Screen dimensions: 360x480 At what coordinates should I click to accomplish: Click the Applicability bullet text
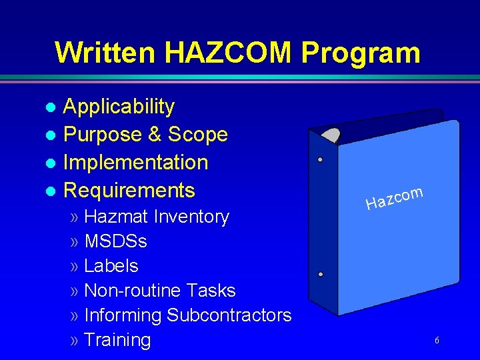point(119,107)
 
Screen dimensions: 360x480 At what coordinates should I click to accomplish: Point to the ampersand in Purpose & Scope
point(155,135)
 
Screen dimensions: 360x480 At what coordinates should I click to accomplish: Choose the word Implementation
point(135,163)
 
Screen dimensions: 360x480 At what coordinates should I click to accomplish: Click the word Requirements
point(129,191)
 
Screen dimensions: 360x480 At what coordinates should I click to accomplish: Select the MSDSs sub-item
point(115,241)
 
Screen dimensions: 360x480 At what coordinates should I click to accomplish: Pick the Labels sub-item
point(111,266)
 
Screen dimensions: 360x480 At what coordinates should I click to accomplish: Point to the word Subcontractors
point(229,315)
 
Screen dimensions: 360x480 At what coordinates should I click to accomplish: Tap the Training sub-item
point(117,340)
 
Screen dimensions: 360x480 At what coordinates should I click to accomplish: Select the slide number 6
point(437,341)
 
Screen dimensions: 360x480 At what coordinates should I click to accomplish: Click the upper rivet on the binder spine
point(320,160)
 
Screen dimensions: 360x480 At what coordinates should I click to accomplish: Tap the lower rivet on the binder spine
point(320,275)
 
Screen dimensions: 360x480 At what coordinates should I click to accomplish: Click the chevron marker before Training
point(74,341)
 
